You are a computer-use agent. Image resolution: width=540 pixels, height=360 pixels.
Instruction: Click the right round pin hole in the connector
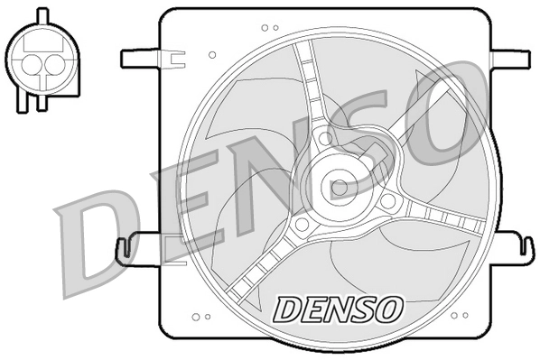(51, 65)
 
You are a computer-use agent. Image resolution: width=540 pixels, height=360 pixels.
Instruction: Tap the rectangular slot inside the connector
(41, 41)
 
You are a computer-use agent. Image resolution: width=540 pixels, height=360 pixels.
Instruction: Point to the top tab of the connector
(41, 14)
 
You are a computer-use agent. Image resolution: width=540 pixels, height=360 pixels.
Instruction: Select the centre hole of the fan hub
(339, 188)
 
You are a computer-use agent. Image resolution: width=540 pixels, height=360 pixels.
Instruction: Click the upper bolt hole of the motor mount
(325, 138)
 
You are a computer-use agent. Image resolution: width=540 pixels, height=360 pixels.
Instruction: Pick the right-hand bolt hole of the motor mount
(387, 201)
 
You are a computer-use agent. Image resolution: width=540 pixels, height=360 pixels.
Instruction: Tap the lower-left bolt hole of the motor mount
(302, 223)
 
